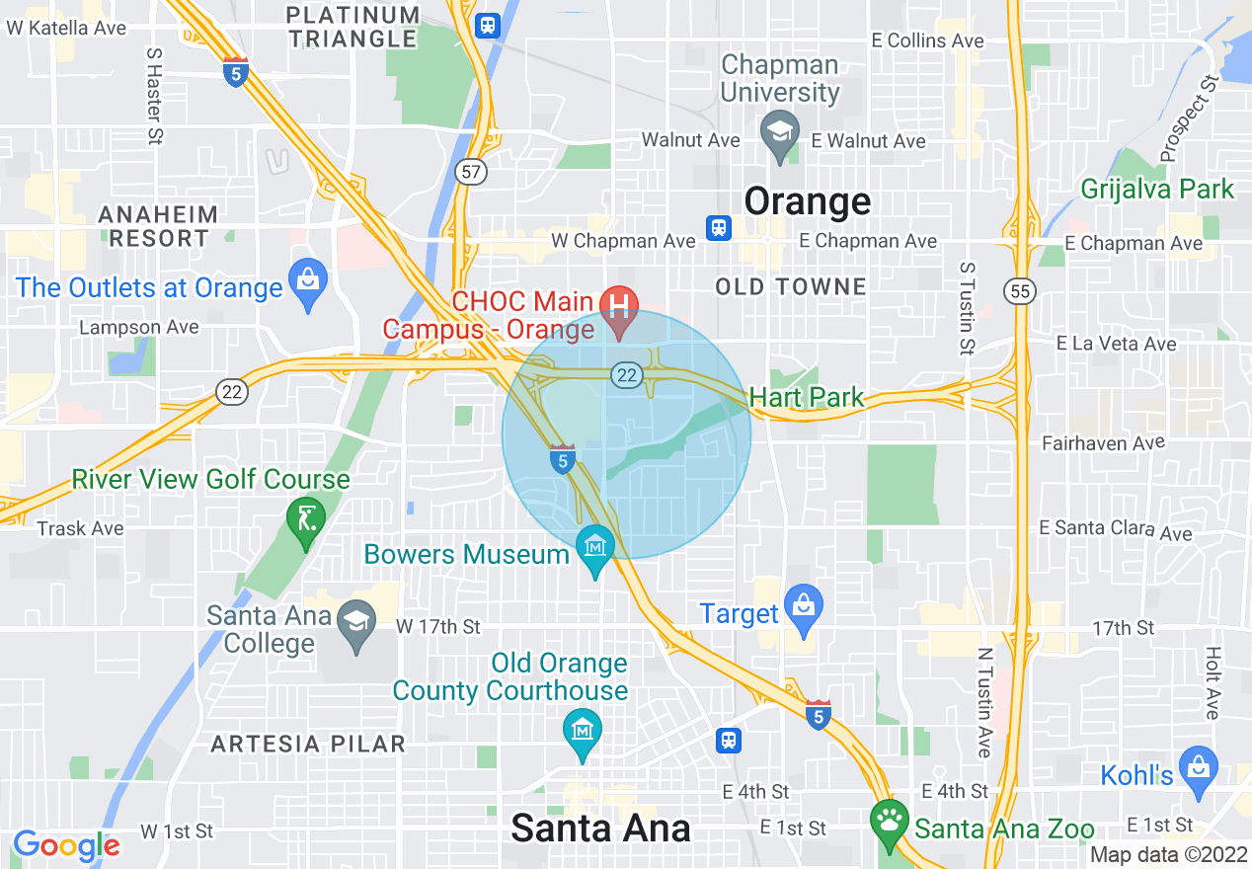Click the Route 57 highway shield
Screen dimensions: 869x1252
point(471,172)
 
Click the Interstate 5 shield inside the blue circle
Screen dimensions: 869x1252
point(563,459)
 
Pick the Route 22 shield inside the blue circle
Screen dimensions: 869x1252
point(626,374)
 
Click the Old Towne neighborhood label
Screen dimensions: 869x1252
point(791,287)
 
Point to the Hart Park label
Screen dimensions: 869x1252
point(807,398)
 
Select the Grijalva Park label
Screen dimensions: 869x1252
point(1157,189)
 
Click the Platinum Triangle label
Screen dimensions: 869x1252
point(353,27)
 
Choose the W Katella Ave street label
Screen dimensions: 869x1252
point(66,28)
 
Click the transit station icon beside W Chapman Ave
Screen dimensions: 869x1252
point(718,229)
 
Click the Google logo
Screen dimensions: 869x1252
point(66,845)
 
